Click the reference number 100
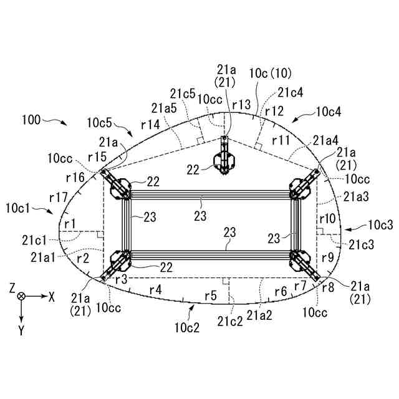pos(31,120)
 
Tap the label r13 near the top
pos(241,104)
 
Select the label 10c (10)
pos(270,74)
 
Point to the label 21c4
pos(291,92)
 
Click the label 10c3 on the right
pos(381,225)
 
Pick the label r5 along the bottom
pos(211,296)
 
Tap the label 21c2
pos(230,322)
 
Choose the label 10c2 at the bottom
pos(187,328)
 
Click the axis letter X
pos(52,297)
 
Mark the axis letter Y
pos(21,330)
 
